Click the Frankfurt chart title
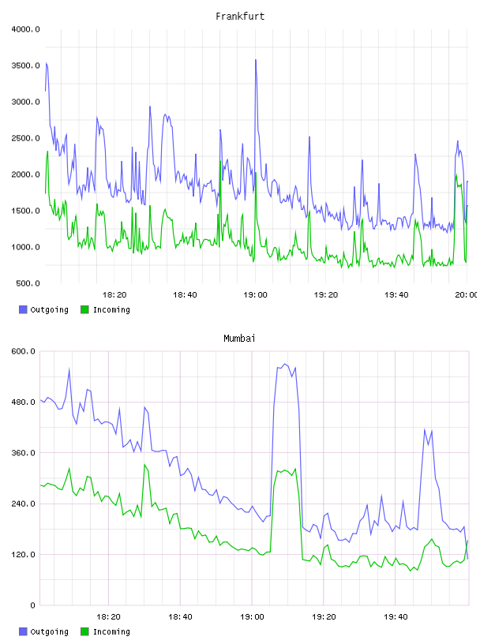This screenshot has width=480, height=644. point(240,17)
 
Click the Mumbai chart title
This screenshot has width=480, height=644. point(239,339)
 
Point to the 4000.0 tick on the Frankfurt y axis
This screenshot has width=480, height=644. point(25,29)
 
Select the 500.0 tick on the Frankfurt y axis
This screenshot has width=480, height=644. point(28,283)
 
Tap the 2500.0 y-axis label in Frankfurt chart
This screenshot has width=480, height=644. point(25,138)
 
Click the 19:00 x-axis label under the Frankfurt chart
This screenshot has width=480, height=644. point(255,295)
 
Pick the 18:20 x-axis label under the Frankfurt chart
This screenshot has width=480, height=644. point(114,295)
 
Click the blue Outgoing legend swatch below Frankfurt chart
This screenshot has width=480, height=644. point(23,309)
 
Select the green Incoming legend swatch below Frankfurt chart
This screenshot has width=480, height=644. point(84,309)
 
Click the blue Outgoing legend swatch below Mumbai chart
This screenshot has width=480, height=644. point(23,631)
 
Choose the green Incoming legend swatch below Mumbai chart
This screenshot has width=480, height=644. point(84,631)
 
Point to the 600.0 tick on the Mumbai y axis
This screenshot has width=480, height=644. point(26,351)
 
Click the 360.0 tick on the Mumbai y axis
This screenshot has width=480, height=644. point(26,452)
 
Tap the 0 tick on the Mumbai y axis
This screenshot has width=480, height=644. point(33,605)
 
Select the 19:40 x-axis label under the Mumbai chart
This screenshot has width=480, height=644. point(396,617)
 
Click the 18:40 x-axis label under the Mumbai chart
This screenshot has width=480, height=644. point(181,617)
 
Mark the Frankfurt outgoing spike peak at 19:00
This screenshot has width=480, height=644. point(256,60)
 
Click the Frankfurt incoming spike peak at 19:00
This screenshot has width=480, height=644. point(256,173)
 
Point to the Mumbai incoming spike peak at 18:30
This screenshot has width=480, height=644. point(144,465)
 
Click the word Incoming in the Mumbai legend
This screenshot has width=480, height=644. point(111,631)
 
